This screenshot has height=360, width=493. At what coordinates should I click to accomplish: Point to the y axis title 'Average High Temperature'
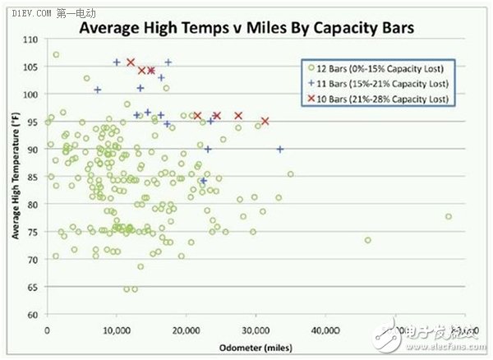[16, 178]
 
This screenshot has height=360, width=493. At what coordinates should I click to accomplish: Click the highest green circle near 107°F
[56, 55]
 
